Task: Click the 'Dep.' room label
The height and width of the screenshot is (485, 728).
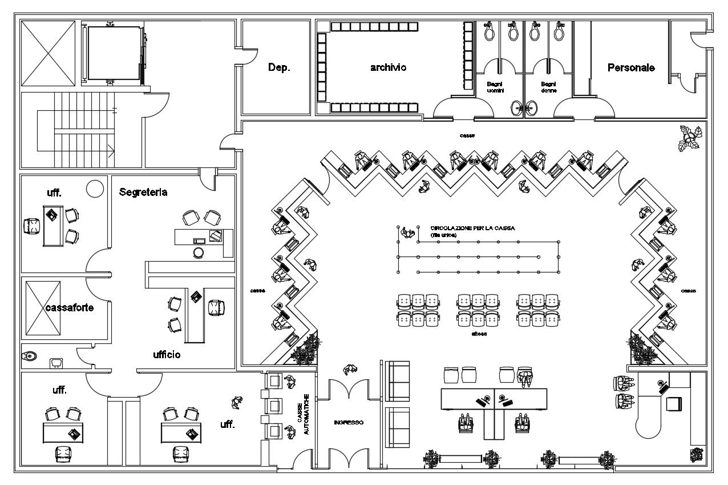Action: (x=279, y=67)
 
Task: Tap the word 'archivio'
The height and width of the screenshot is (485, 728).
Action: (x=388, y=67)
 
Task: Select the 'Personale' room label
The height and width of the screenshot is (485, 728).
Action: (x=631, y=67)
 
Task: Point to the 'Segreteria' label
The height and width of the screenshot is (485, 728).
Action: (x=143, y=193)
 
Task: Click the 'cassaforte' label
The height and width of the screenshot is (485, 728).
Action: (x=70, y=307)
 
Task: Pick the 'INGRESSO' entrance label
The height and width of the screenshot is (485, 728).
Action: (x=348, y=423)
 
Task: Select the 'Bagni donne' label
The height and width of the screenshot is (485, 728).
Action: (x=548, y=87)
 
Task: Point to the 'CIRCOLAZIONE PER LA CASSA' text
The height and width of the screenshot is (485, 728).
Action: (x=472, y=228)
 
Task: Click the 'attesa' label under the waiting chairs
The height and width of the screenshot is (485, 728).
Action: (x=479, y=334)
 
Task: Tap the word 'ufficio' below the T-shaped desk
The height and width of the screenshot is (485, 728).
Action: (x=167, y=355)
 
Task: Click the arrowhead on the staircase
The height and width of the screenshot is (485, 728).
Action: (x=112, y=151)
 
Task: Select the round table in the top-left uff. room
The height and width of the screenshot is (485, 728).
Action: (x=95, y=187)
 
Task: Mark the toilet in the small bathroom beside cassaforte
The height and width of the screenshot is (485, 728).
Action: (x=30, y=357)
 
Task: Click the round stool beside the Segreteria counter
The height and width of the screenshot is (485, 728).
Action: (x=199, y=252)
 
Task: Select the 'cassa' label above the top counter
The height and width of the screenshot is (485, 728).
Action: (x=468, y=135)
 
